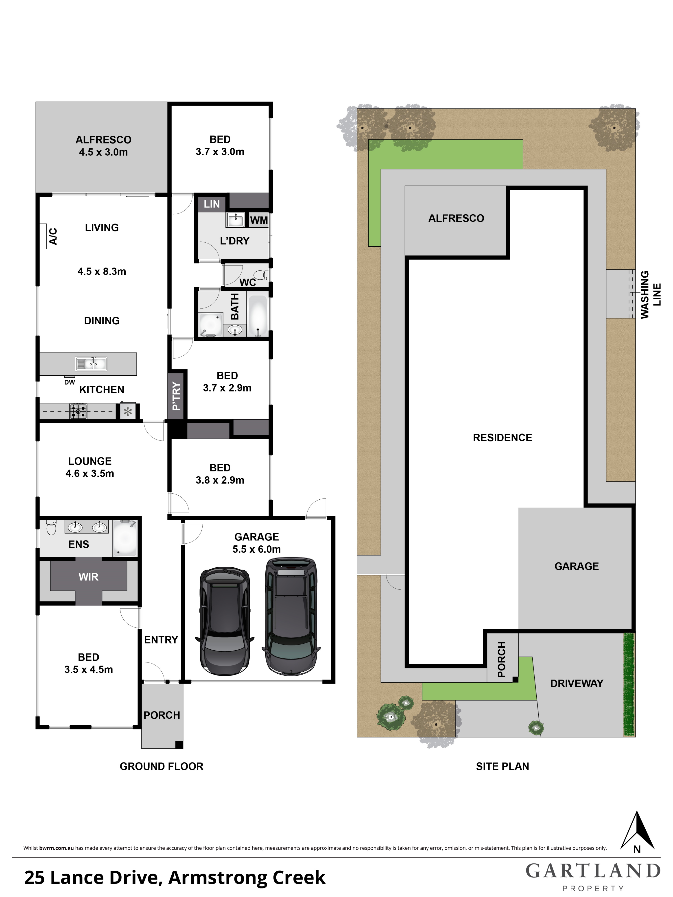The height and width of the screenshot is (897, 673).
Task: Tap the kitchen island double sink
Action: click(91, 364)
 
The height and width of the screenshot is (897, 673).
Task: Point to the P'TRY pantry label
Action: click(177, 396)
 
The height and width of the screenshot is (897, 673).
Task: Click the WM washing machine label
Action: click(259, 220)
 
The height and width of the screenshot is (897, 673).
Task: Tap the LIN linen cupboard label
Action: click(212, 204)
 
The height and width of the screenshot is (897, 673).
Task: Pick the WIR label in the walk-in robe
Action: click(88, 577)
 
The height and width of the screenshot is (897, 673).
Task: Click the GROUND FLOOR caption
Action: click(162, 766)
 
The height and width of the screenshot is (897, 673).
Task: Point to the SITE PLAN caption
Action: click(502, 766)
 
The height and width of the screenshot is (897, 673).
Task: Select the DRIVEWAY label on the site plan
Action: click(577, 683)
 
